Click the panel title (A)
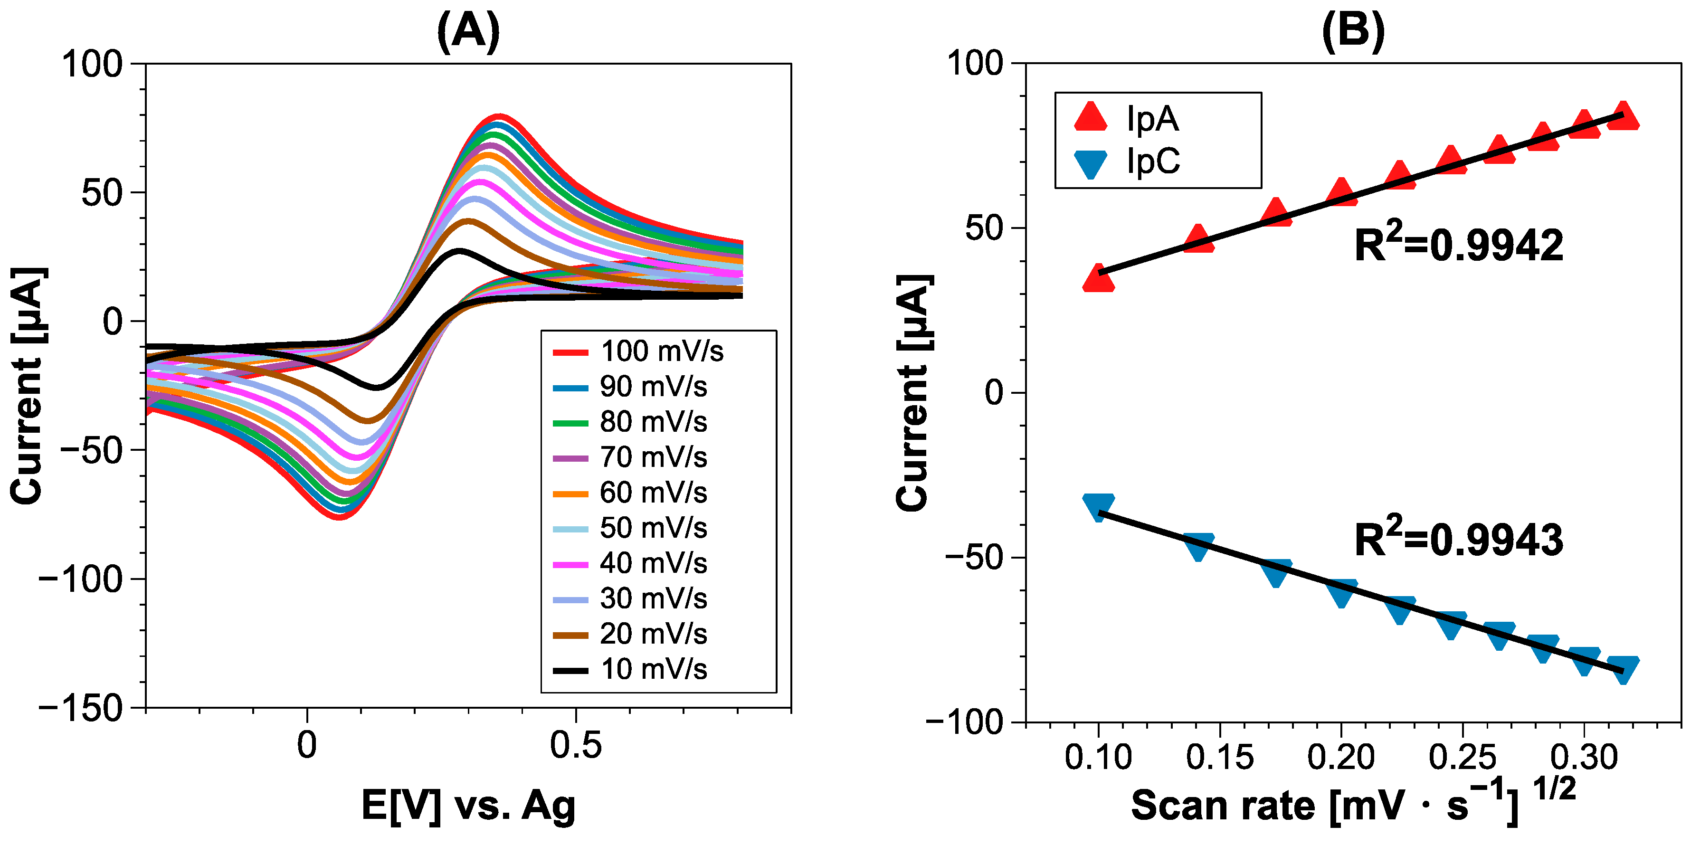[468, 32]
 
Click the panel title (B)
[1353, 32]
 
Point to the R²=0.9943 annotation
[1458, 540]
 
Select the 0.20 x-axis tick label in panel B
[1340, 757]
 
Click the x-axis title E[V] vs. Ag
[468, 806]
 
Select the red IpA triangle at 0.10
[1099, 280]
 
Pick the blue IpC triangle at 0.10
[1099, 506]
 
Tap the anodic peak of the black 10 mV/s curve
[458, 251]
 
